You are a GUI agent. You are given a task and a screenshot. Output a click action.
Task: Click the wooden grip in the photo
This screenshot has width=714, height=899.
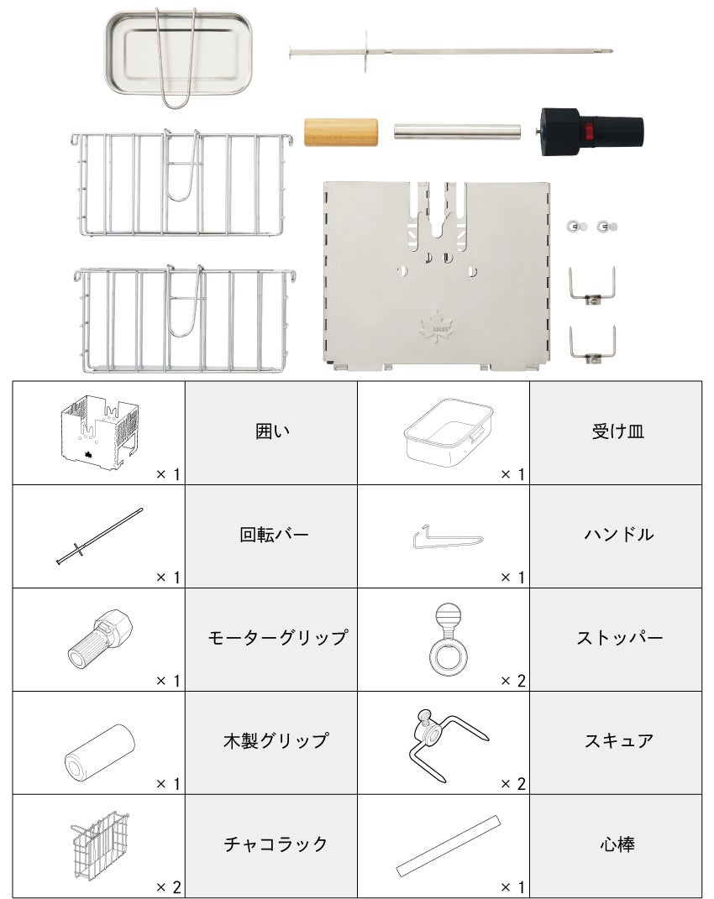[x=341, y=132]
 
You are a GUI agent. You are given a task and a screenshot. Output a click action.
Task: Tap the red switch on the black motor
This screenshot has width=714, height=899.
[x=588, y=132]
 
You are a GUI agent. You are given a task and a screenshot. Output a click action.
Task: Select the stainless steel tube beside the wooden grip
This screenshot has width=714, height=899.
[x=458, y=132]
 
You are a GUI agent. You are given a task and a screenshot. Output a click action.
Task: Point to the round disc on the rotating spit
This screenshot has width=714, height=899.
[x=365, y=52]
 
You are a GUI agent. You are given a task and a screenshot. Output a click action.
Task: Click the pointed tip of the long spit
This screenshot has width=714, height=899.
[x=612, y=50]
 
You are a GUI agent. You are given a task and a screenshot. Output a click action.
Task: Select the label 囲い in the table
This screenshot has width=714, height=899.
[x=272, y=431]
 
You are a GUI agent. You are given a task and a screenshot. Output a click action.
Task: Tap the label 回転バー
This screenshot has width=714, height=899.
[x=274, y=535]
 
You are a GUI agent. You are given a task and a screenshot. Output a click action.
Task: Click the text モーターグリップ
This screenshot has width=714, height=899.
[x=278, y=638]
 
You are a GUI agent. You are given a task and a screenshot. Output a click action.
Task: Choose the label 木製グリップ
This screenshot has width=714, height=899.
[x=276, y=740]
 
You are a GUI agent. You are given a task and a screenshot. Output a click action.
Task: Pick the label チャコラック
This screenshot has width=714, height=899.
[x=276, y=844]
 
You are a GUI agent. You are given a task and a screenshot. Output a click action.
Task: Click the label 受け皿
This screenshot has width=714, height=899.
[x=618, y=431]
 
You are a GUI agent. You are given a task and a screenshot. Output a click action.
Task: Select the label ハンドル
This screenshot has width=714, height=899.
[x=619, y=535]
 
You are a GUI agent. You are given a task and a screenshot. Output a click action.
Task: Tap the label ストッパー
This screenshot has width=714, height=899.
[x=619, y=638]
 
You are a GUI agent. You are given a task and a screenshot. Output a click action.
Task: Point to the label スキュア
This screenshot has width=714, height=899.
[x=619, y=740]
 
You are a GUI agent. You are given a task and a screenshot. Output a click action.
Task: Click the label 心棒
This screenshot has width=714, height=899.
[x=617, y=844]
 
